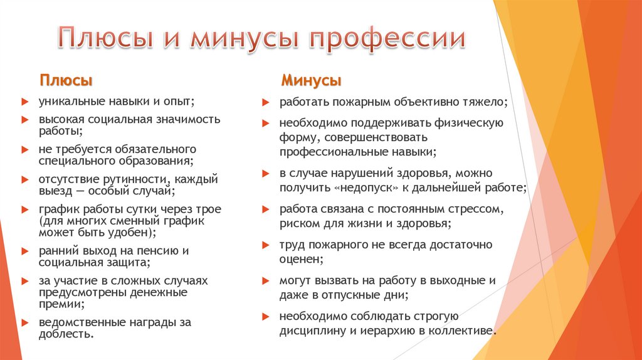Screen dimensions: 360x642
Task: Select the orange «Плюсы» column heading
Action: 66,81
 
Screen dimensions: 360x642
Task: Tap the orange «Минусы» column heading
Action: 311,81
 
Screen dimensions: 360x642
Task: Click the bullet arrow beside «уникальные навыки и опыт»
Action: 23,101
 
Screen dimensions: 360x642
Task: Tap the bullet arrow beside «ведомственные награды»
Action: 23,322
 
